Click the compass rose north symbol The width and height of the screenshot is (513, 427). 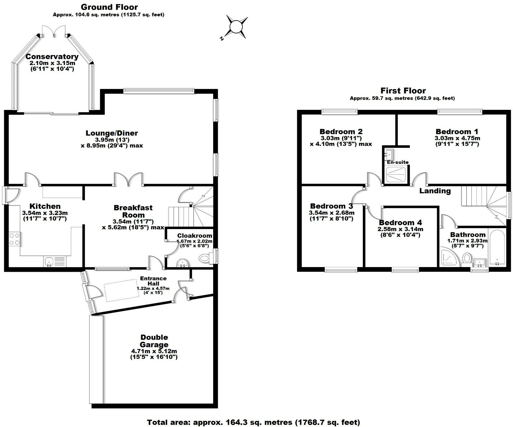(236, 28)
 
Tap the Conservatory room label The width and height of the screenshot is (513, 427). (52, 57)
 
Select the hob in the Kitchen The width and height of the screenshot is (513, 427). (14, 239)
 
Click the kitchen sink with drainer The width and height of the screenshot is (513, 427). (55, 261)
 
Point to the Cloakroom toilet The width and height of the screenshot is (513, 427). (205, 258)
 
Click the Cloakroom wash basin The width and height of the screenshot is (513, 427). (184, 263)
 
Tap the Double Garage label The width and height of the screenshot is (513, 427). (154, 341)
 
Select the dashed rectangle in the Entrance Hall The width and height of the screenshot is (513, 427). (122, 290)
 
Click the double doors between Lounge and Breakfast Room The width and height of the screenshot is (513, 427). (128, 179)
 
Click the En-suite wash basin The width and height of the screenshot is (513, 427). (389, 153)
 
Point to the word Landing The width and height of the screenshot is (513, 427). (435, 191)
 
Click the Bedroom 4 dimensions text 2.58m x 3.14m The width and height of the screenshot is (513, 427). (400, 229)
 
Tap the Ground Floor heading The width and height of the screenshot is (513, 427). (109, 7)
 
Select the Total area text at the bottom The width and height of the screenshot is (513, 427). (253, 422)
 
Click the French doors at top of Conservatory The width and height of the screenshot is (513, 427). (54, 31)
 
